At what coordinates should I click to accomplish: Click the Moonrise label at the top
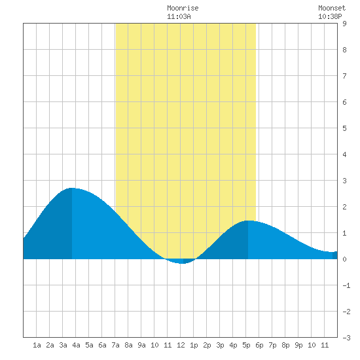coord(183,8)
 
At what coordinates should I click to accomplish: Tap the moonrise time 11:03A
coord(179,16)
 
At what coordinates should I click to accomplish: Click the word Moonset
coord(332,8)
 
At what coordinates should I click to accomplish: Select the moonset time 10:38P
coord(330,16)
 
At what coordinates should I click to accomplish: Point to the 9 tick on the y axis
coord(344,24)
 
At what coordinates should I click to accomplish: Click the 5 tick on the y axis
coord(344,128)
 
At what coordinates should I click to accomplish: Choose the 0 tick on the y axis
coord(344,259)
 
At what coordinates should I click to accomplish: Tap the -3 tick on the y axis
coord(346,338)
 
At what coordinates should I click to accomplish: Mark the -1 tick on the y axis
coord(346,285)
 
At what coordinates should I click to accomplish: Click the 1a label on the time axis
coord(37,345)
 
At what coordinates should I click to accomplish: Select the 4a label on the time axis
coord(76,345)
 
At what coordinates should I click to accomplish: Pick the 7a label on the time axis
coord(115,345)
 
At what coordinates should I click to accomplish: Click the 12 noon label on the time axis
coord(181,345)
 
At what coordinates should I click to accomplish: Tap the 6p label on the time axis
coord(259,345)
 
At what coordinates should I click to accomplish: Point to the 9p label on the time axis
coord(298,345)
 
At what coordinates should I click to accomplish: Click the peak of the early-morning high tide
coord(72,188)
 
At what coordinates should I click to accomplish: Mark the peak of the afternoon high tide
coord(248,221)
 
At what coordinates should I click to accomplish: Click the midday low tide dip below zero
coord(181,263)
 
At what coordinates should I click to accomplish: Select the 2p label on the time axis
coord(207,345)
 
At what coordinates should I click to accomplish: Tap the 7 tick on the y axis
coord(344,76)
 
